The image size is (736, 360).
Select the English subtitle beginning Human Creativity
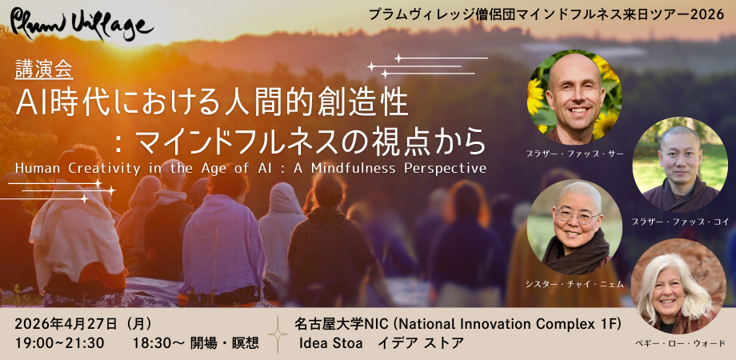coord(250,168)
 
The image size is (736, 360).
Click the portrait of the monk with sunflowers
coord(574,97)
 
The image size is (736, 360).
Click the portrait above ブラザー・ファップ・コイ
coord(679,164)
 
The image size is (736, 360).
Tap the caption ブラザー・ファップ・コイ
coord(679,220)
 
